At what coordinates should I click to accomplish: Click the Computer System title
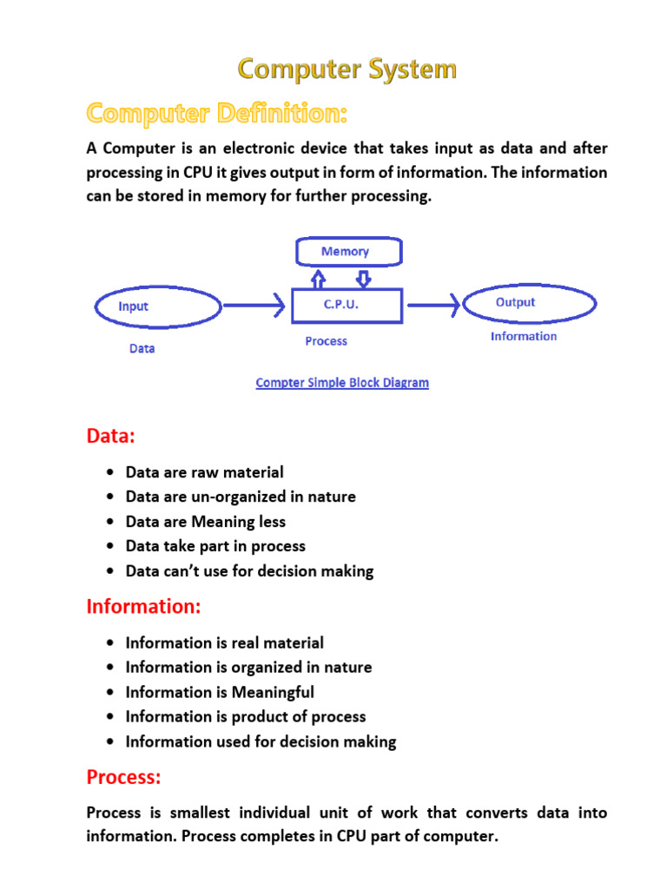[347, 69]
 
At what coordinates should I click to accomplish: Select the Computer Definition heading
[216, 114]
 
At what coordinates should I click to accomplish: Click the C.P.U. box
[347, 306]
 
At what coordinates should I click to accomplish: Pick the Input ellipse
[157, 306]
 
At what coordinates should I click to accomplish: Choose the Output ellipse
[530, 304]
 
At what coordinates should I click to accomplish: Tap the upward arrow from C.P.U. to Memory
[320, 278]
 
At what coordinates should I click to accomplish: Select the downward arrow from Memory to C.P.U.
[364, 278]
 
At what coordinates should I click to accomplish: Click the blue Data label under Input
[142, 348]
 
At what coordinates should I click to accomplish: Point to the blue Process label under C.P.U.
[326, 341]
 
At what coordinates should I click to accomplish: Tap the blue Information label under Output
[524, 336]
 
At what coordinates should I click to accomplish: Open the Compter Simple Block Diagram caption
[342, 382]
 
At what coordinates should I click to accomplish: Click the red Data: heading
[111, 436]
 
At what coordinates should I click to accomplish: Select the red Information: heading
[143, 607]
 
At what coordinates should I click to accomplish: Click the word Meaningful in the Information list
[273, 692]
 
